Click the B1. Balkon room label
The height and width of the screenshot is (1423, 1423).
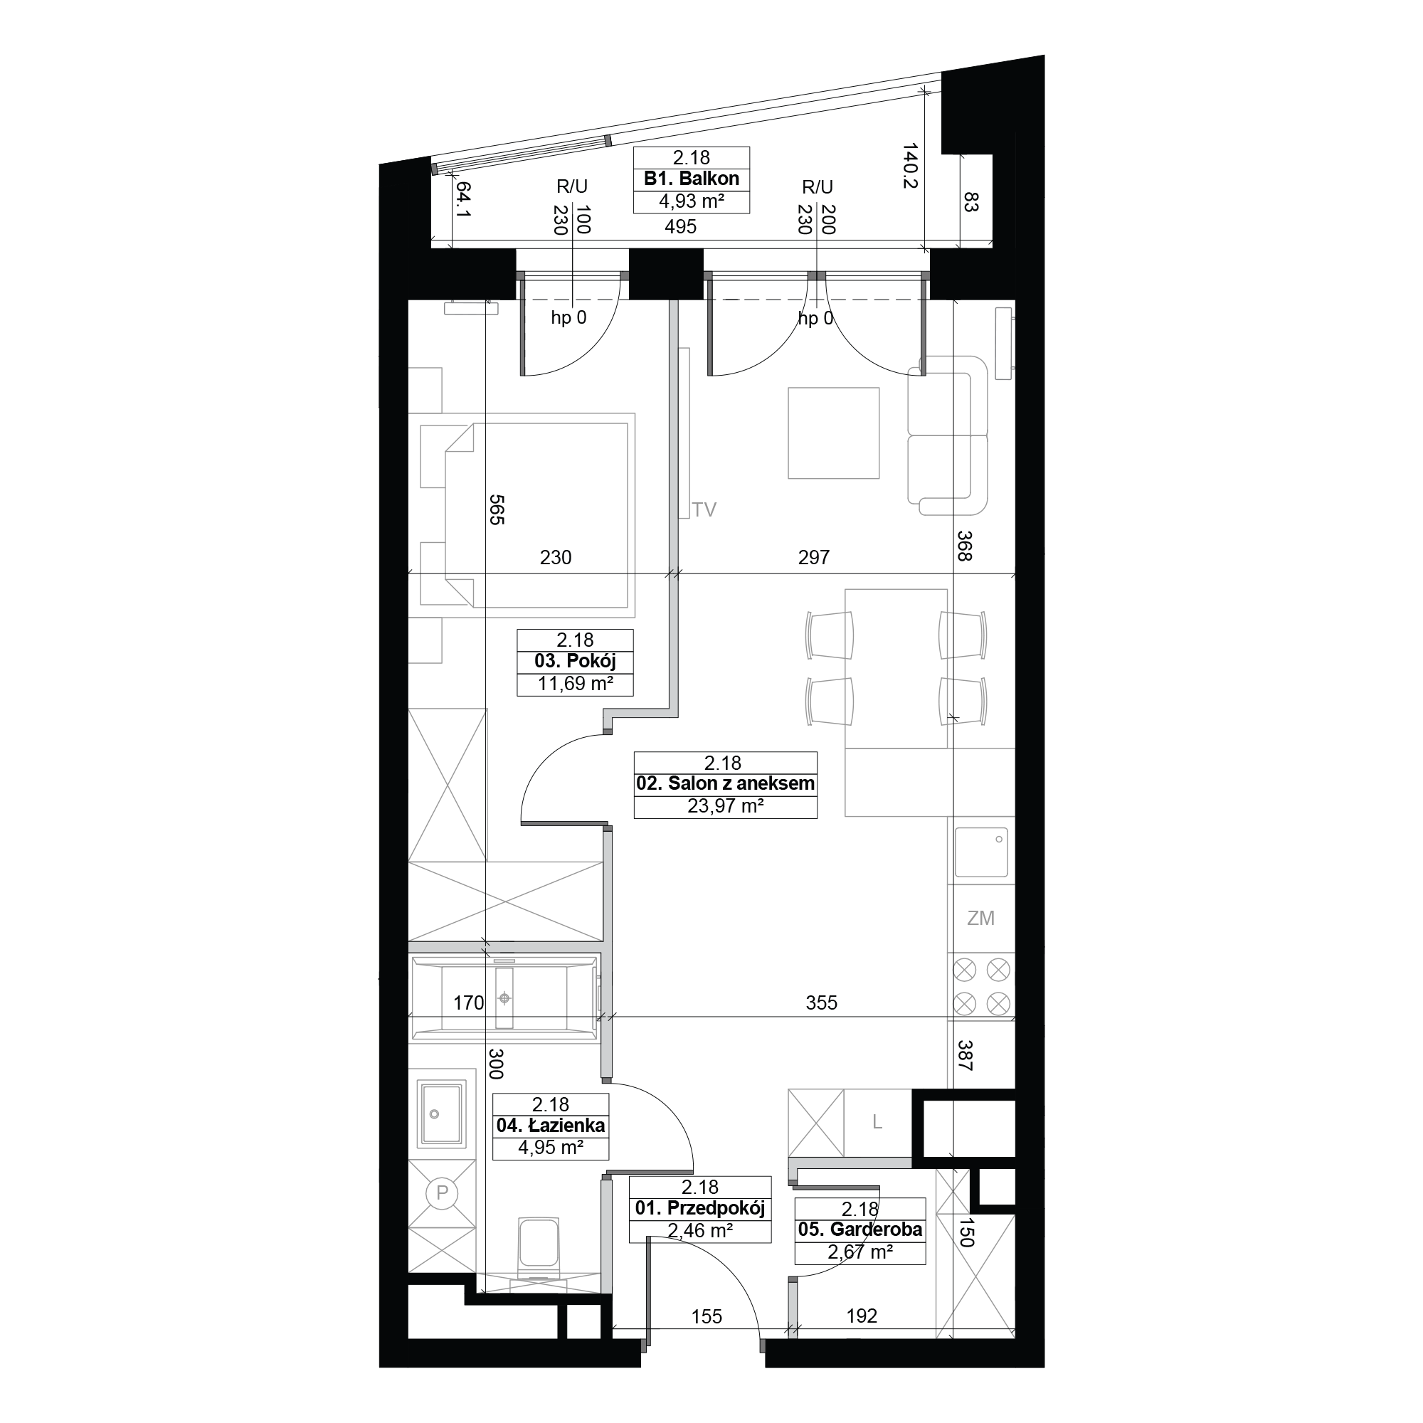pos(692,179)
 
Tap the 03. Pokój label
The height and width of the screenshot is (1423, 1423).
pos(575,662)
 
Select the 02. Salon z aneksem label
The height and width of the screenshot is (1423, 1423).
pos(726,783)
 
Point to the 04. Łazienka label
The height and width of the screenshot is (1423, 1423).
pos(551,1126)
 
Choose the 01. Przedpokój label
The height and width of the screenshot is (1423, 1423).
pos(700,1208)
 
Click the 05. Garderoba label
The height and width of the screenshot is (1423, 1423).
pos(860,1229)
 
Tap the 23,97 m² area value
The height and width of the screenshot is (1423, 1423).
pos(726,806)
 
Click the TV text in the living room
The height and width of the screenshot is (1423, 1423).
pos(704,509)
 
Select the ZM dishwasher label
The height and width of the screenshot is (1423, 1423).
pos(980,919)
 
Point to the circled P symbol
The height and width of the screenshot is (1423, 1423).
pos(442,1192)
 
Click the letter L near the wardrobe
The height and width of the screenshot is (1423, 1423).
pos(877,1122)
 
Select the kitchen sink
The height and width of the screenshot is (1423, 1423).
pos(981,853)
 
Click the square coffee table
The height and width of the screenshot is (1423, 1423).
pos(834,433)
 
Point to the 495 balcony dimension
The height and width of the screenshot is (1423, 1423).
pos(681,227)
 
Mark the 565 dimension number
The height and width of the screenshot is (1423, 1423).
pos(496,509)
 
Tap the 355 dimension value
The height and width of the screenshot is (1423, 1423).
pos(821,1003)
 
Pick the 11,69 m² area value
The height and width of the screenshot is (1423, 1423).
pos(575,684)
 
